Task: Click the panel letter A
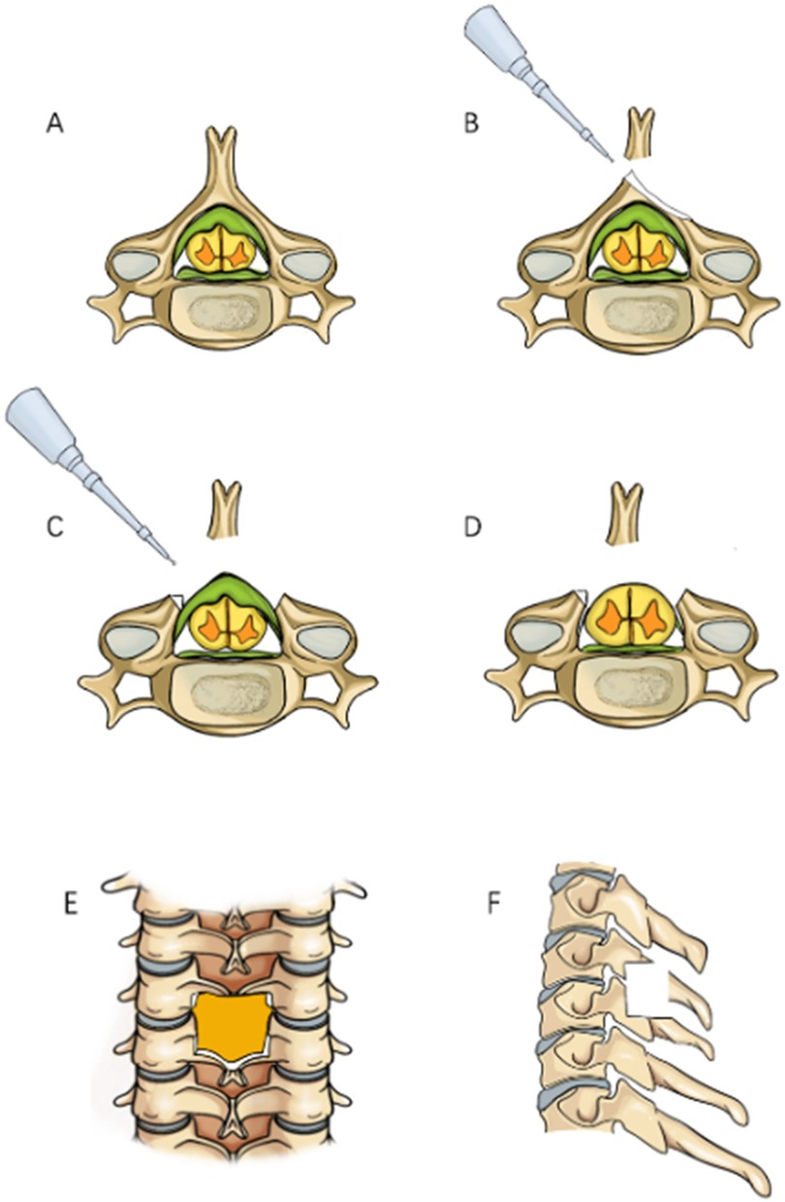click(x=55, y=125)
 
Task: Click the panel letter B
click(x=472, y=125)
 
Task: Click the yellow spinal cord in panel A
click(x=223, y=247)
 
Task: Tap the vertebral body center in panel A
click(x=224, y=315)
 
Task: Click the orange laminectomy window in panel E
click(x=231, y=1027)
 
